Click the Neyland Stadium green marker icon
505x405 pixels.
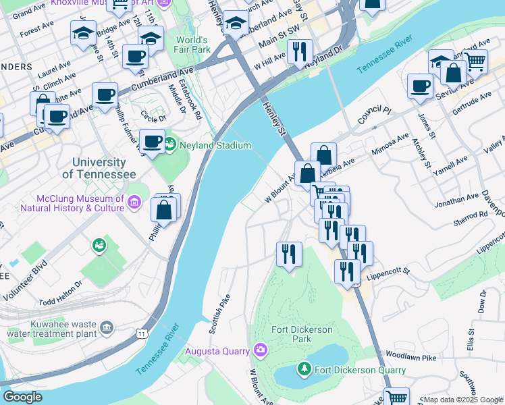click(x=169, y=144)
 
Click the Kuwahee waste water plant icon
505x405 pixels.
click(x=106, y=328)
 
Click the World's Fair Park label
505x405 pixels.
click(x=193, y=45)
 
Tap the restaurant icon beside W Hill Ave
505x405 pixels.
click(x=299, y=51)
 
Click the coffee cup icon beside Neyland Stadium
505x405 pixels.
click(x=153, y=141)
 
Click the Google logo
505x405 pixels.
click(x=23, y=397)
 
